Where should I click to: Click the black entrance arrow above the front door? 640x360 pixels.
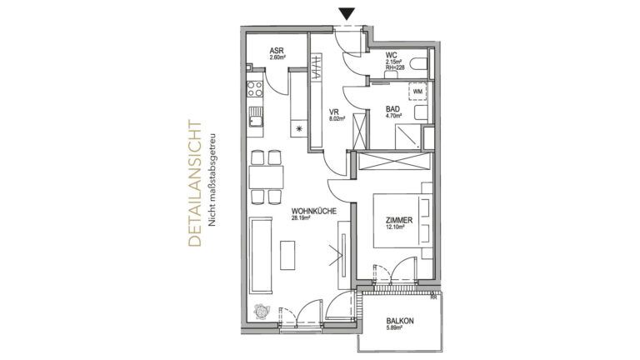pos(347,13)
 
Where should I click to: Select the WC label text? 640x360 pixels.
pos(391,55)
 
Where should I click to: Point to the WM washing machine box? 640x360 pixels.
pos(417,91)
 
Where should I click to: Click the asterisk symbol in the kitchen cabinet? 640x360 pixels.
pos(301,130)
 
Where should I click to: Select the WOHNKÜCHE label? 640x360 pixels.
pos(313,213)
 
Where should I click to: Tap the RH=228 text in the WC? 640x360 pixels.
pos(394,68)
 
